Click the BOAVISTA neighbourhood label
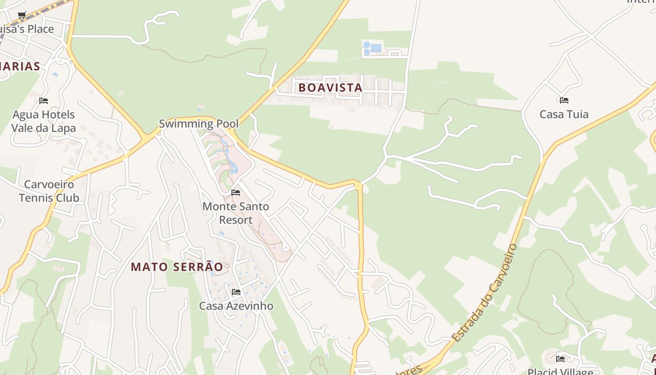tap(330, 88)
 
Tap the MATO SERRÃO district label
tap(177, 267)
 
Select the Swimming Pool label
tap(199, 124)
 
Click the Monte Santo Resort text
tap(236, 213)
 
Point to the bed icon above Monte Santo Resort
tap(236, 193)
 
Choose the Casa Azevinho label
tap(236, 306)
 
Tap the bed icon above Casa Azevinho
tap(236, 292)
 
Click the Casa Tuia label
tap(564, 114)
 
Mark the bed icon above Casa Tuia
tap(564, 100)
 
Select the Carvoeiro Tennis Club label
tap(49, 191)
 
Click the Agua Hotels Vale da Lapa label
tap(43, 121)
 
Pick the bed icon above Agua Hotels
tap(44, 101)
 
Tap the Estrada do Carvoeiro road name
tap(485, 293)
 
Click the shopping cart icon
tap(22, 15)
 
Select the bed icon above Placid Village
tap(560, 359)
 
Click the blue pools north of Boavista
tap(372, 47)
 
